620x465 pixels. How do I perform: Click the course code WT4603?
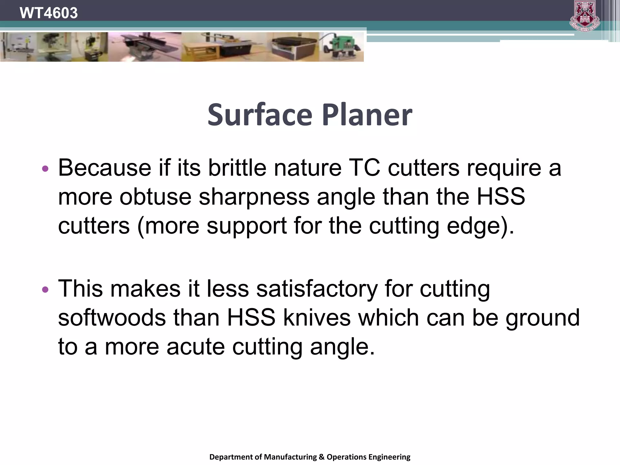pos(48,13)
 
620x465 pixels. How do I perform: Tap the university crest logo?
pos(585,16)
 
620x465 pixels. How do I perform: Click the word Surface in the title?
pos(260,115)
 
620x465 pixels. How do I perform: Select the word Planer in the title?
pos(367,115)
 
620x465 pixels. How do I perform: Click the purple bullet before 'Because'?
pos(45,169)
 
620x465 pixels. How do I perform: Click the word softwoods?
pos(112,318)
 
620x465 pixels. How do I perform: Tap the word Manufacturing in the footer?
pos(290,457)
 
